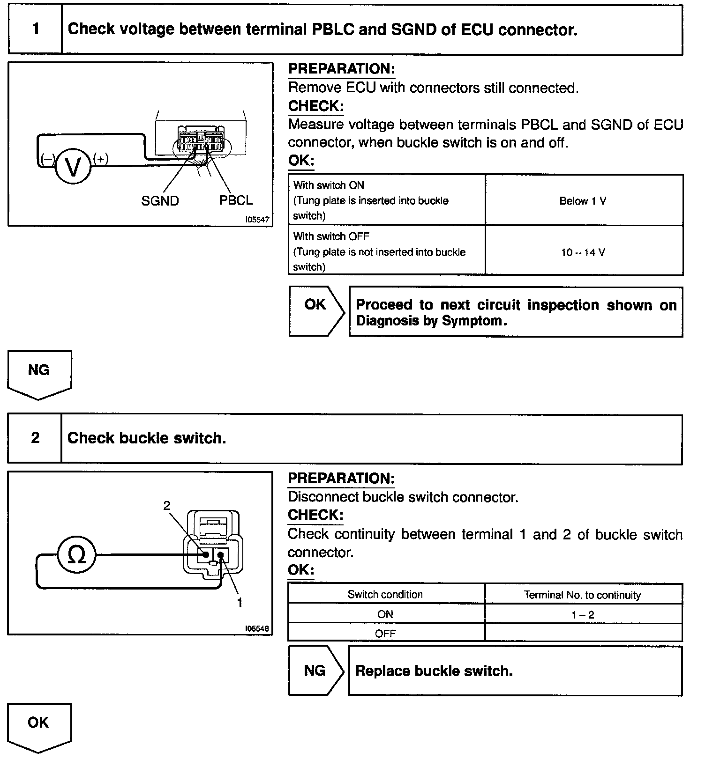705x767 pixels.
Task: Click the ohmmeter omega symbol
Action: (76, 555)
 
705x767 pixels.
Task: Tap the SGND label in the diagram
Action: (160, 201)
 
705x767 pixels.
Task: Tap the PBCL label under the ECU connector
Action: (236, 200)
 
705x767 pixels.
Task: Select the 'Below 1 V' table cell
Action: (583, 201)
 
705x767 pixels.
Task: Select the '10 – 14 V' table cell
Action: (583, 252)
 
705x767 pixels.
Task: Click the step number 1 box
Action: (36, 29)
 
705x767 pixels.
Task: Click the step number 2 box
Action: (35, 438)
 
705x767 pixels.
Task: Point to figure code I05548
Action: (257, 629)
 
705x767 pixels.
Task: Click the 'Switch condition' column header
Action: (385, 595)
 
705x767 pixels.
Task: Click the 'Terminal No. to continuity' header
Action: (582, 595)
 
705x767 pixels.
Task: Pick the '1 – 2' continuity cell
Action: (583, 615)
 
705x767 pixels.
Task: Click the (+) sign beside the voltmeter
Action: (101, 159)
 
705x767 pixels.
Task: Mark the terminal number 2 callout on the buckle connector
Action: (167, 505)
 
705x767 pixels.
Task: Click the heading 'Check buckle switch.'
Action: (147, 438)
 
